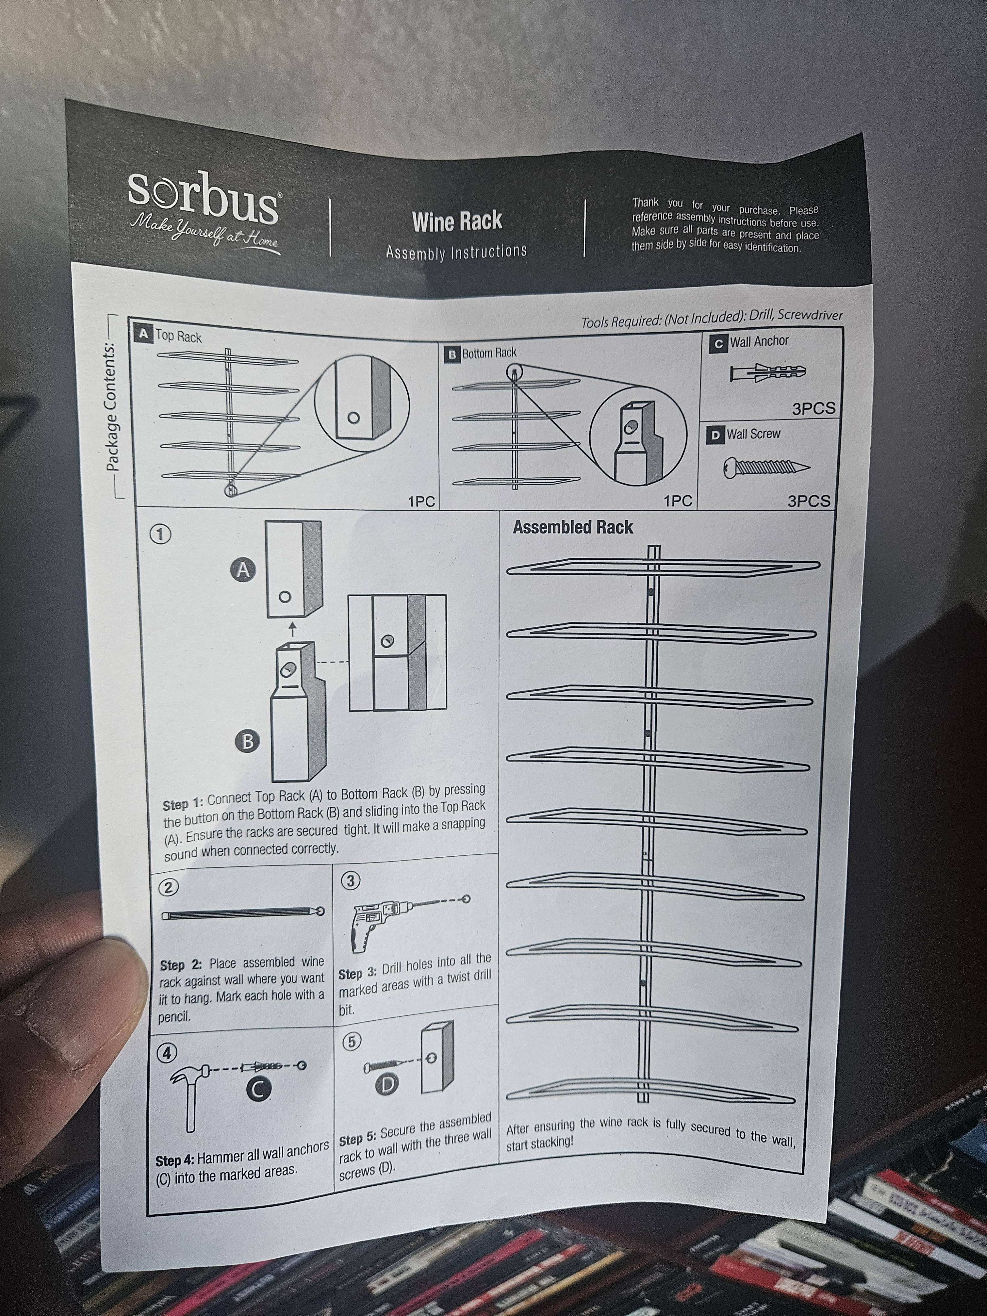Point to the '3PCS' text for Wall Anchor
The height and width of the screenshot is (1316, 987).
pyautogui.click(x=813, y=409)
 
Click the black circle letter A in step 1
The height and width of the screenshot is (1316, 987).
pyautogui.click(x=242, y=570)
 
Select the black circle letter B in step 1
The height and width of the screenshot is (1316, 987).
pyautogui.click(x=247, y=741)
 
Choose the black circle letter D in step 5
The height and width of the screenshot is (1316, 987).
pyautogui.click(x=387, y=1085)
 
